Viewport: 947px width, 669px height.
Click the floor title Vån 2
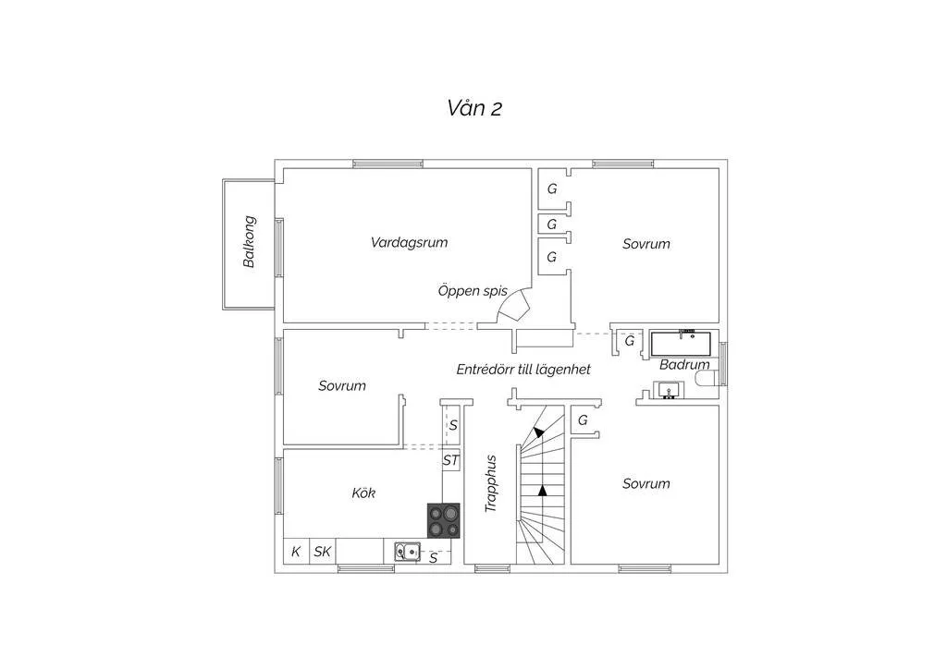[x=474, y=108]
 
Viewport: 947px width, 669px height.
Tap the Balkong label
[x=249, y=241]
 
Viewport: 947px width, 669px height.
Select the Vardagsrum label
[x=409, y=242]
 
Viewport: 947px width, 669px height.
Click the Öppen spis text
[x=473, y=291]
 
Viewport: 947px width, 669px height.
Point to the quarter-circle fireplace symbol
[x=514, y=308]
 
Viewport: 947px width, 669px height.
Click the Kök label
[x=363, y=493]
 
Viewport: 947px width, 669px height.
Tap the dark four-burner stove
[x=443, y=520]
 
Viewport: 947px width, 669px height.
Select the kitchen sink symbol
[x=408, y=552]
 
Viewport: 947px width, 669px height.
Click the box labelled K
[x=296, y=551]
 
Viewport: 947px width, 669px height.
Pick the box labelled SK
[x=323, y=551]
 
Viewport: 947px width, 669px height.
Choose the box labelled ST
[x=450, y=460]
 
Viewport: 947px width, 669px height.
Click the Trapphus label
[x=490, y=484]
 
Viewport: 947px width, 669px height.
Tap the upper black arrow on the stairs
[x=537, y=432]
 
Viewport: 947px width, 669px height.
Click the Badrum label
[x=684, y=364]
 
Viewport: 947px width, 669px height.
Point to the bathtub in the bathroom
[x=681, y=343]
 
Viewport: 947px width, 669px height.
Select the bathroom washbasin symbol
[x=669, y=390]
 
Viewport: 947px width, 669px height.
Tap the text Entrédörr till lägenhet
[x=523, y=370]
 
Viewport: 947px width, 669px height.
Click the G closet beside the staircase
[x=584, y=420]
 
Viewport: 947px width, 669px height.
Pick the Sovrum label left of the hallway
[x=342, y=385]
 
